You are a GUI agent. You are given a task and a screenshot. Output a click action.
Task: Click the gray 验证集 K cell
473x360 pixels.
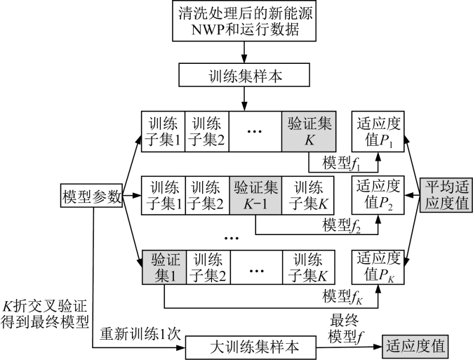(x=309, y=131)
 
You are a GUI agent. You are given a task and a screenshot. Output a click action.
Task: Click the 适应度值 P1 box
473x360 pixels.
(x=378, y=131)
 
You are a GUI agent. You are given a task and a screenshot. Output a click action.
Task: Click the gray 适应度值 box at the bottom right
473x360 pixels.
(x=415, y=345)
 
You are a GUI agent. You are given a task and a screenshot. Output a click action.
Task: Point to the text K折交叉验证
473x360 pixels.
(x=47, y=307)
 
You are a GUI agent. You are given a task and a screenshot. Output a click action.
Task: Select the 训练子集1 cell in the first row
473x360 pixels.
(x=164, y=131)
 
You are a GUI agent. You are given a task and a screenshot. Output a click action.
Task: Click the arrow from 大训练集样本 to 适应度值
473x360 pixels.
(x=357, y=345)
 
